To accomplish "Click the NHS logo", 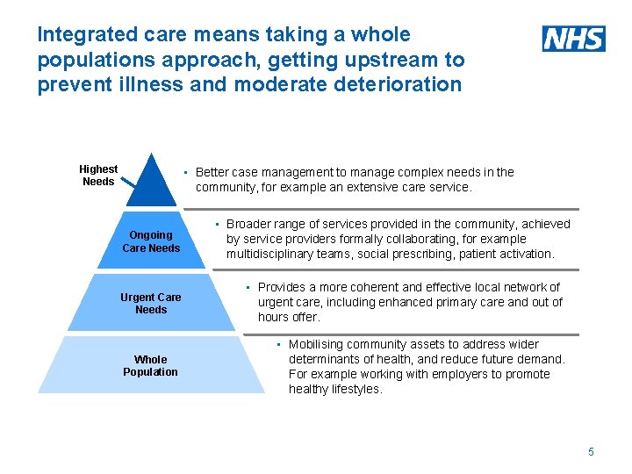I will (573, 38).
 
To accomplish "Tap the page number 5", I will (591, 451).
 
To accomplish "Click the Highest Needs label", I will (98, 175).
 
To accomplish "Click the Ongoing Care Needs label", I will (151, 241).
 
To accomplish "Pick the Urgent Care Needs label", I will (151, 303).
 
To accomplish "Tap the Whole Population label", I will (150, 365).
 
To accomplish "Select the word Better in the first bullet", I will (214, 172).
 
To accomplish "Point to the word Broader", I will (249, 224).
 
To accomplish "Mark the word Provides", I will (283, 287).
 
